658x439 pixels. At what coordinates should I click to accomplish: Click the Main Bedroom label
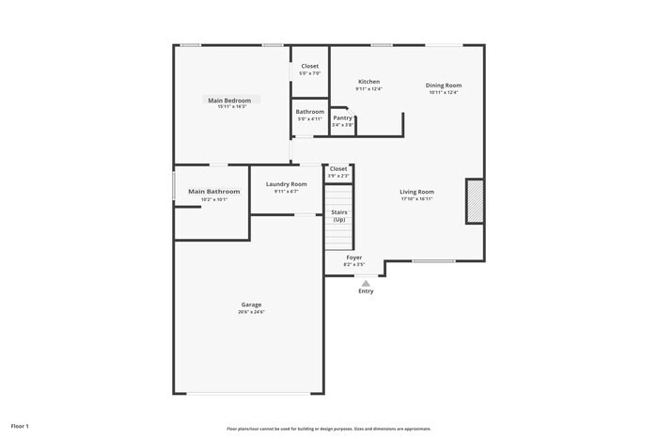tap(229, 101)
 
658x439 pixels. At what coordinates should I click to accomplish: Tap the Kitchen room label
tap(368, 82)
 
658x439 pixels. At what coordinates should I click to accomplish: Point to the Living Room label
tap(416, 192)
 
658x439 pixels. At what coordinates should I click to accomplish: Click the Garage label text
tap(251, 305)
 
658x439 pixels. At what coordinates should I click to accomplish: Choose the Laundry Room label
tap(286, 184)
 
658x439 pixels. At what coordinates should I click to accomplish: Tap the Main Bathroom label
tap(214, 192)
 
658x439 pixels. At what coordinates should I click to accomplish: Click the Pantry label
tap(342, 118)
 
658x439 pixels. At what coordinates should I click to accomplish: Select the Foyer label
tap(353, 258)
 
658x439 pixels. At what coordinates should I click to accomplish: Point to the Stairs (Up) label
tap(338, 216)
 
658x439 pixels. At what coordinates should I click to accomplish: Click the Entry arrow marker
tap(366, 281)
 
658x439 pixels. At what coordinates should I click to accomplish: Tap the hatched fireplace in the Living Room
tap(476, 201)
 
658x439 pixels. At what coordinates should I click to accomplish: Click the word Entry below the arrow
tap(366, 291)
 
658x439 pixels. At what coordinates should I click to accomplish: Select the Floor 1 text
tap(20, 426)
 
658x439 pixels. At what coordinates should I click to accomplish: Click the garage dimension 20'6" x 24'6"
tap(251, 312)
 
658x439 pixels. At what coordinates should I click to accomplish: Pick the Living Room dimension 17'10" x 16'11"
tap(416, 199)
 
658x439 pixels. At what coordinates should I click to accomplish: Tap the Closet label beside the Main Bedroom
tap(309, 67)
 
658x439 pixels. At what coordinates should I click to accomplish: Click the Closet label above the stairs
tap(338, 169)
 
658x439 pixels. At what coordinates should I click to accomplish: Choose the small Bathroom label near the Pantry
tap(310, 112)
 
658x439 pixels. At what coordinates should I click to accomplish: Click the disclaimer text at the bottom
tap(328, 429)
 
